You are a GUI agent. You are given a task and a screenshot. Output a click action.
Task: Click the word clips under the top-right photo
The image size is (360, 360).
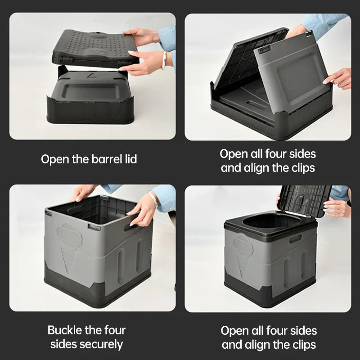[x=301, y=169]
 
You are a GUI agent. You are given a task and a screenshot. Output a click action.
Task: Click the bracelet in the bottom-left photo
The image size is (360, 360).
[x=154, y=198]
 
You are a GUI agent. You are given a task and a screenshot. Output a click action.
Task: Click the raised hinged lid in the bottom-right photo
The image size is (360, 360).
[x=304, y=200]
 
